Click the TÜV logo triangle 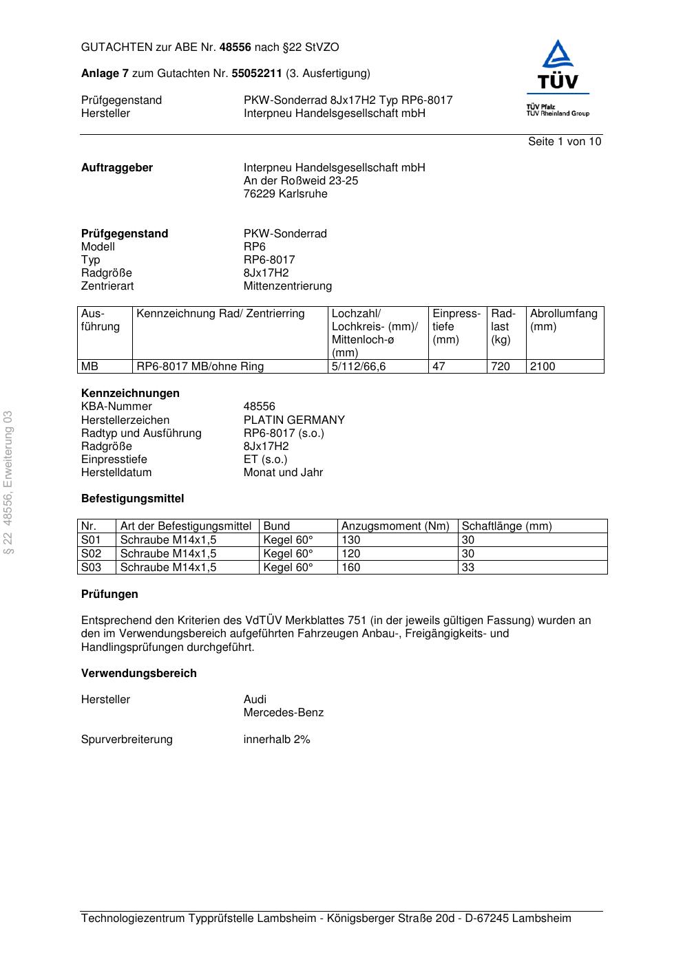point(557,56)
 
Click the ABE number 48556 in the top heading point(235,47)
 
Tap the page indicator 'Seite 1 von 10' point(564,142)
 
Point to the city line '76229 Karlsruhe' point(285,194)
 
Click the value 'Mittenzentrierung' point(287,286)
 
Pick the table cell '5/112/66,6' point(359,367)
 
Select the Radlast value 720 point(500,367)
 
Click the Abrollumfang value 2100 point(542,367)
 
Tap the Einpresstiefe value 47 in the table point(439,367)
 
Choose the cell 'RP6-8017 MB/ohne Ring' point(200,367)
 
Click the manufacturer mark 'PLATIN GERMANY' point(294,420)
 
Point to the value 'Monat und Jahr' point(283,473)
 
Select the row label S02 point(91,554)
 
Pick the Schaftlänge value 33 point(467,568)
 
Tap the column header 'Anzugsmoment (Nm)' point(395,526)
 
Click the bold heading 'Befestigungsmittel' point(132,499)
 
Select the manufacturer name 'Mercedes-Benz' point(283,713)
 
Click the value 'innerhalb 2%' point(277,740)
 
